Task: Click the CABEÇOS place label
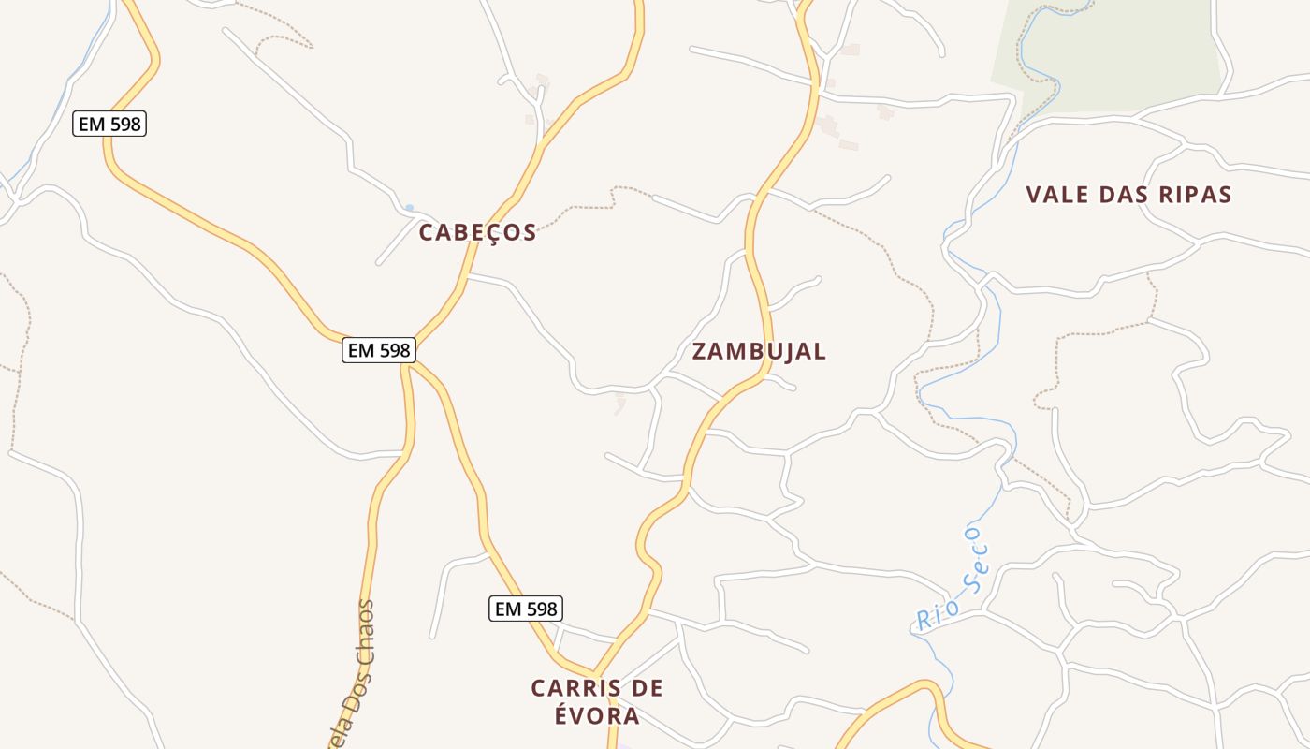point(477,232)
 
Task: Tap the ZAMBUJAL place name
point(759,351)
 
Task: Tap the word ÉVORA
point(597,716)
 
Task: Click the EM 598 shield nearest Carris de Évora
point(526,609)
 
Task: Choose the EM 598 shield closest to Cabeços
point(378,350)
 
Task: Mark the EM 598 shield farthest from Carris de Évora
point(109,124)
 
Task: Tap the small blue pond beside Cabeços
point(409,207)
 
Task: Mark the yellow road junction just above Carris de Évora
point(595,672)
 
